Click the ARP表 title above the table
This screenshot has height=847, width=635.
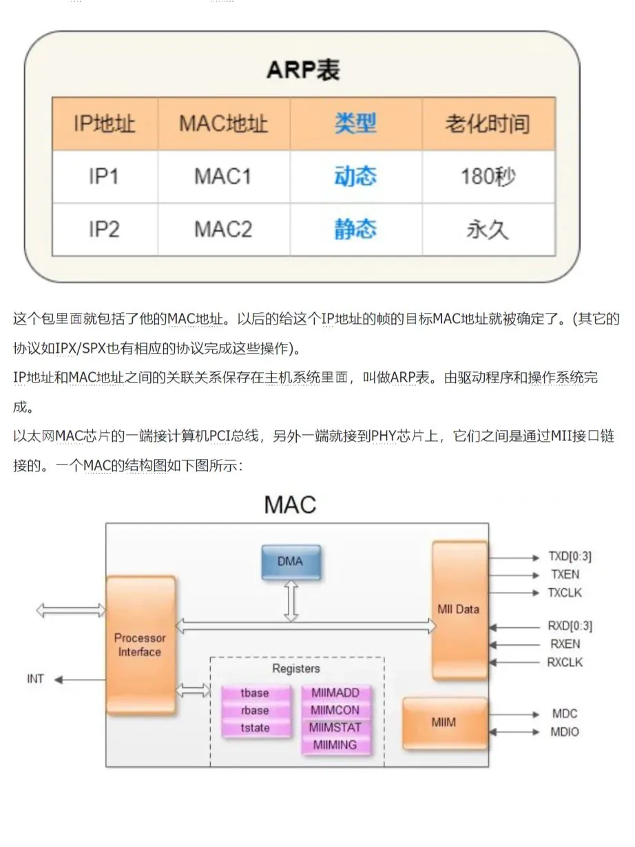click(x=303, y=70)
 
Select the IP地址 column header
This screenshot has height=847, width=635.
click(x=105, y=124)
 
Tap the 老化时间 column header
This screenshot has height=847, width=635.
click(x=488, y=124)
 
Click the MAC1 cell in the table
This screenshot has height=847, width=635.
click(x=223, y=176)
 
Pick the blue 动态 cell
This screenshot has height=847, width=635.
click(x=355, y=176)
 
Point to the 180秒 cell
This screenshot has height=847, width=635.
click(x=488, y=176)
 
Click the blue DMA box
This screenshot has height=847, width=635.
click(x=290, y=562)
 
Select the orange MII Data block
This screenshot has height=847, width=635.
click(x=459, y=609)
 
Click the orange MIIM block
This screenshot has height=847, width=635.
click(x=444, y=723)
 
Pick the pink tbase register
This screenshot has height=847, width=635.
click(x=255, y=693)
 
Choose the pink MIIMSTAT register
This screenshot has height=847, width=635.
click(x=335, y=727)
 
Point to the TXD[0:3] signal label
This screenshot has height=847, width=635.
click(x=569, y=557)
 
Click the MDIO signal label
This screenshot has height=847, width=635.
click(x=565, y=732)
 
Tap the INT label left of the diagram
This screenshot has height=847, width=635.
click(x=35, y=679)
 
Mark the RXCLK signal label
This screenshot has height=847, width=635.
click(x=565, y=662)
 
